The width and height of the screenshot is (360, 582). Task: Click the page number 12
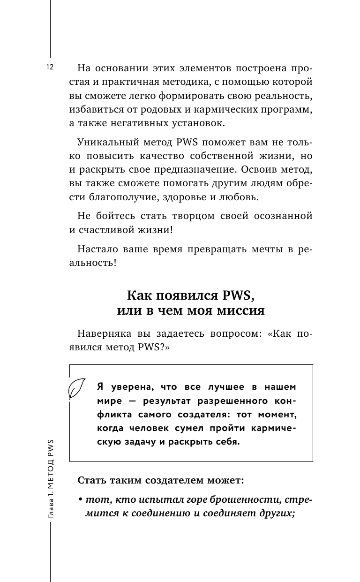[50, 67]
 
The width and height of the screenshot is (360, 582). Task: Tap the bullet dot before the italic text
[81, 499]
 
